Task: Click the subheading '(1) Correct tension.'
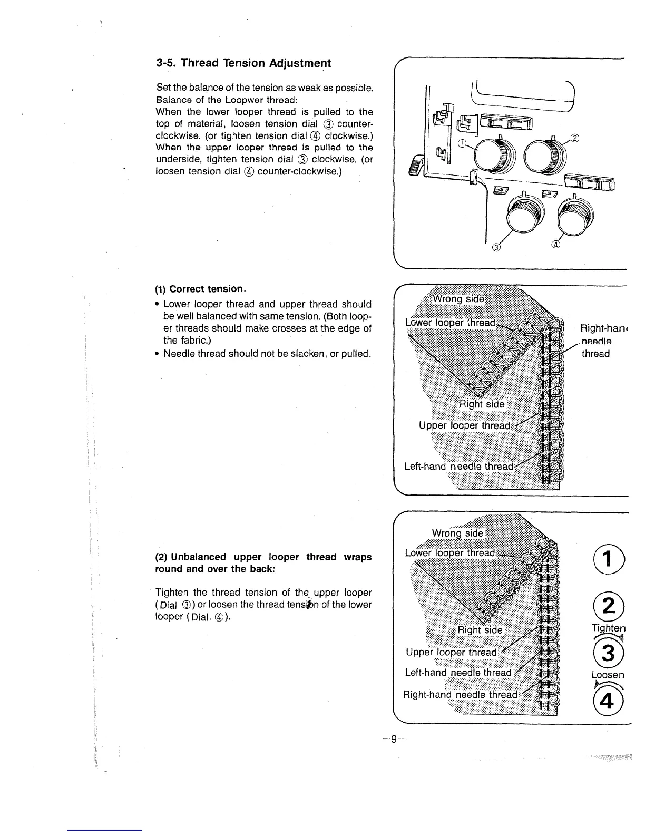point(201,289)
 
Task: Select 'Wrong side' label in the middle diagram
point(457,299)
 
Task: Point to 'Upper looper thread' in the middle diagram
point(464,425)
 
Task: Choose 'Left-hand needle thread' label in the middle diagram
point(458,466)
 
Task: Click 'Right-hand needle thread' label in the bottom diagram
point(461,694)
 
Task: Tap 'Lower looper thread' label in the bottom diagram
point(450,552)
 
